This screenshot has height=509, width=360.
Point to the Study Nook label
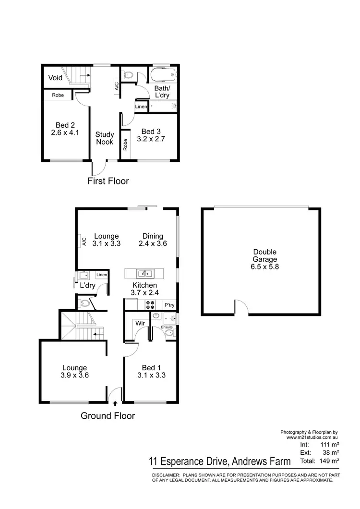(x=104, y=138)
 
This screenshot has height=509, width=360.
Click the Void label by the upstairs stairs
(x=55, y=78)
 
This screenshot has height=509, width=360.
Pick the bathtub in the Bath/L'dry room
(x=164, y=75)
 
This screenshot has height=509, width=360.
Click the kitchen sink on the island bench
(x=145, y=274)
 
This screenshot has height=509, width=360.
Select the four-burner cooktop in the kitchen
(x=148, y=304)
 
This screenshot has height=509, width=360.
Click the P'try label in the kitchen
(x=169, y=305)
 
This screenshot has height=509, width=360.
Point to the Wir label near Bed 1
(x=140, y=323)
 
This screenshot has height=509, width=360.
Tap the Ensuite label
(x=167, y=327)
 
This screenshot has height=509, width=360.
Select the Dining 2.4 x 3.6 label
(x=153, y=240)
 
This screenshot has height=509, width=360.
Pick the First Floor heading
(x=108, y=181)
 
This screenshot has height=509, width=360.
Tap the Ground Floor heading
(x=108, y=416)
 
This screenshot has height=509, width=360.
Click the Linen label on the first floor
(x=141, y=106)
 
